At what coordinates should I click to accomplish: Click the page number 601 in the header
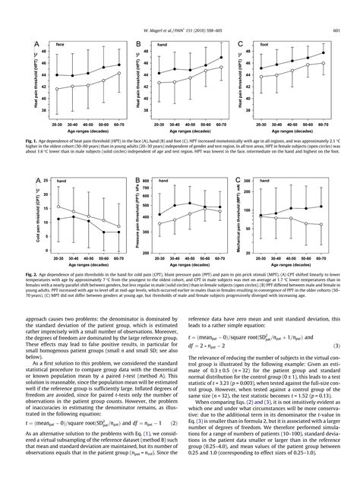[335, 30]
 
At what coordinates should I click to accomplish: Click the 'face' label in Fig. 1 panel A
[58, 45]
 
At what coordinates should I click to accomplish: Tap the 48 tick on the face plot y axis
[43, 51]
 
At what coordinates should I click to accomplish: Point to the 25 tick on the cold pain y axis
[46, 181]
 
